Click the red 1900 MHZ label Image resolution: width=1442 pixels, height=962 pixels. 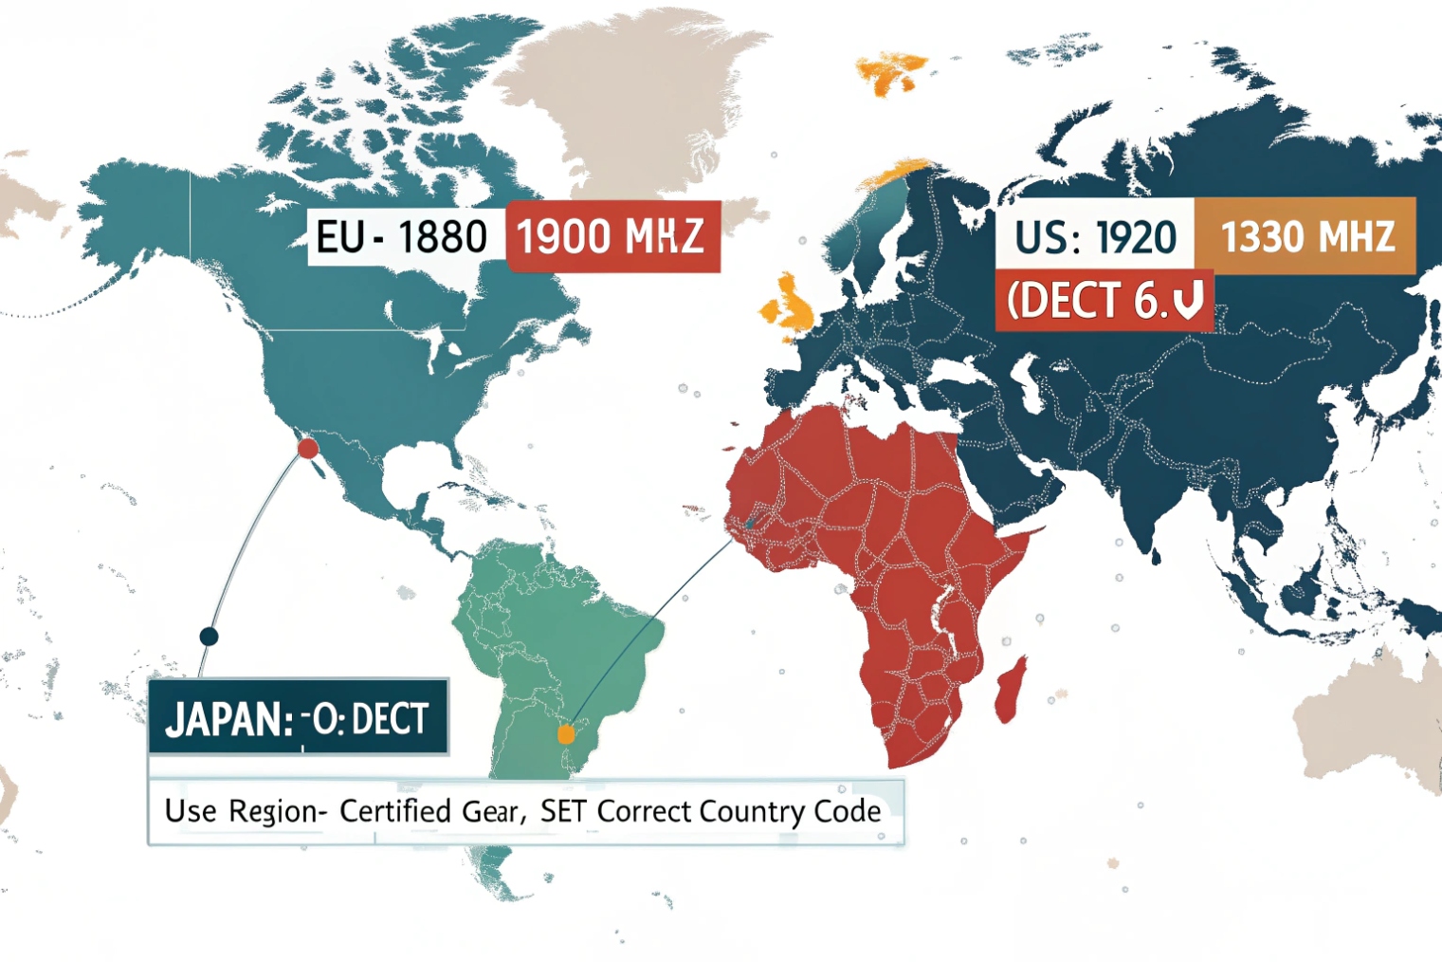click(x=612, y=236)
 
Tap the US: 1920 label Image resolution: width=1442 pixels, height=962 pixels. click(x=1094, y=237)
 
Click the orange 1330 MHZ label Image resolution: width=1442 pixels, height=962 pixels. click(x=1306, y=237)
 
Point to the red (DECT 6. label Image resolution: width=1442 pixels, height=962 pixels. click(x=1104, y=302)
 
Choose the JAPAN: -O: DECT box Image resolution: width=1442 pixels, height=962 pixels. click(x=298, y=718)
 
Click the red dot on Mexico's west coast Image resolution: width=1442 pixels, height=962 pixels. click(x=308, y=448)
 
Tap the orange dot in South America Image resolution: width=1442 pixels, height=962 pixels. click(x=566, y=733)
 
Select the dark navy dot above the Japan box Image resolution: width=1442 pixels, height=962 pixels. click(x=209, y=637)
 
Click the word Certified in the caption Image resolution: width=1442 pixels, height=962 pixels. click(x=395, y=811)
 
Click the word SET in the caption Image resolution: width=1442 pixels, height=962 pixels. click(x=563, y=811)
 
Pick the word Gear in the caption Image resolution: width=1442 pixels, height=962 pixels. click(x=491, y=811)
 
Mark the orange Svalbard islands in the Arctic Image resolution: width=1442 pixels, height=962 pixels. click(x=892, y=72)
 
